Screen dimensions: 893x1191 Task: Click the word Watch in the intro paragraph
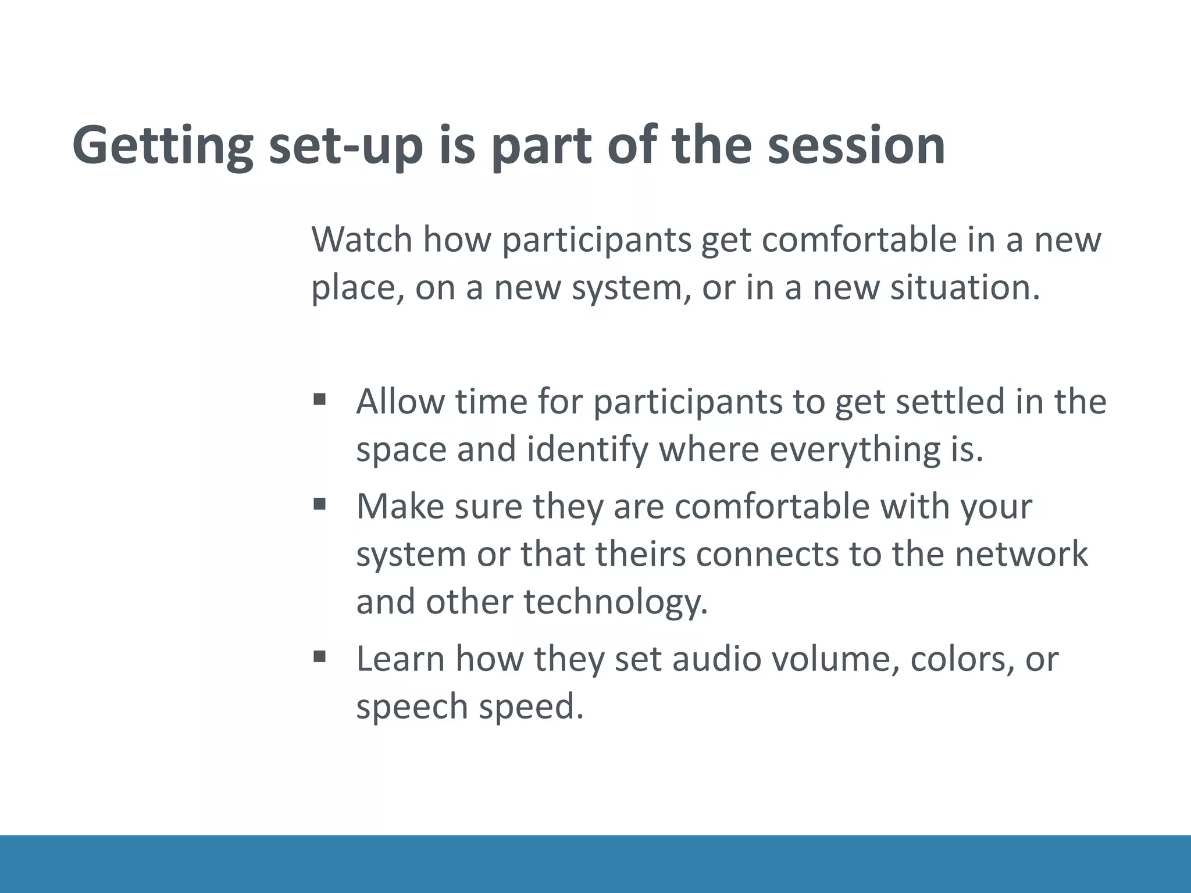pos(361,239)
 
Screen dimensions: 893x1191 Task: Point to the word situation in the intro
pos(965,287)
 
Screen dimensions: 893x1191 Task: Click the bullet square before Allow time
pos(319,399)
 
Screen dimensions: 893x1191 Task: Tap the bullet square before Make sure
pos(319,504)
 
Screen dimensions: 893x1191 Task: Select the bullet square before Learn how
pos(319,657)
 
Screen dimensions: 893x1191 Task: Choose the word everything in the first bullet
pos(850,449)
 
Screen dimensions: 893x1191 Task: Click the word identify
pos(587,449)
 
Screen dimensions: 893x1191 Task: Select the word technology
pos(616,602)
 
